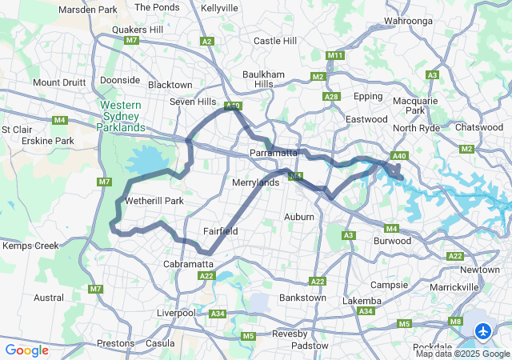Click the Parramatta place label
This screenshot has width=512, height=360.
274,152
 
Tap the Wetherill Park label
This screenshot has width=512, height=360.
152,201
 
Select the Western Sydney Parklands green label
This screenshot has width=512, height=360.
122,116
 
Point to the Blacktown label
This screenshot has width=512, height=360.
170,85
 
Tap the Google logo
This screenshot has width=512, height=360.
26,350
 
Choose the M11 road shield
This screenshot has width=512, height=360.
335,55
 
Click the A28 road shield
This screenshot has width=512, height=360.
331,96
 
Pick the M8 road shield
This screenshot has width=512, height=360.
455,322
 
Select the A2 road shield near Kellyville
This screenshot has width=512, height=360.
207,41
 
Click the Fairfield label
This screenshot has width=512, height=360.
220,231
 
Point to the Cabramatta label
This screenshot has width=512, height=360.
188,263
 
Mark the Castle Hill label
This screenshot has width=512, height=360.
274,40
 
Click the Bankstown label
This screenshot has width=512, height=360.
302,298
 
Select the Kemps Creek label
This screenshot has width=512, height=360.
30,246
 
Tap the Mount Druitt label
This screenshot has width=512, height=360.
58,82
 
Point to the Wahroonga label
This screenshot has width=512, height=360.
431,20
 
